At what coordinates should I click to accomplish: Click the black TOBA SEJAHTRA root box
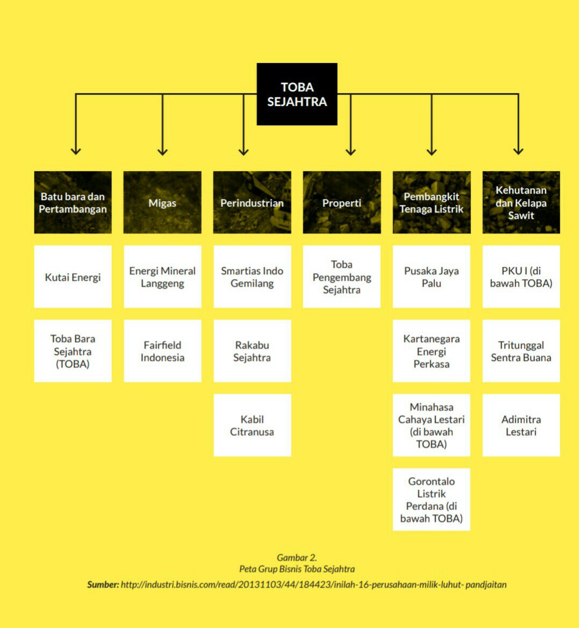click(296, 94)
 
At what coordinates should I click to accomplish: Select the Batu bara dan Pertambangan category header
click(73, 203)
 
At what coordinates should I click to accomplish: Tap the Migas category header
click(162, 203)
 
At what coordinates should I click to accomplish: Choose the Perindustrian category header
click(252, 203)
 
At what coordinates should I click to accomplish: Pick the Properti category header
click(342, 203)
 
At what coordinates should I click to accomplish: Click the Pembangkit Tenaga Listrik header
click(431, 203)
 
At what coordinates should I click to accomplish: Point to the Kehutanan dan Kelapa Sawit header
click(521, 203)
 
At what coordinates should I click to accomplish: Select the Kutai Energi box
click(73, 277)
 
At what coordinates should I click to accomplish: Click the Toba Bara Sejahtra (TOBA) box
click(73, 351)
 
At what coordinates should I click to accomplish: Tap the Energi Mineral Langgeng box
click(162, 277)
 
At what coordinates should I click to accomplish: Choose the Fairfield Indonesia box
click(162, 351)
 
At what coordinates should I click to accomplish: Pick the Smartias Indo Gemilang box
click(252, 277)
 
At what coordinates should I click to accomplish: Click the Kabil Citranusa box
click(252, 425)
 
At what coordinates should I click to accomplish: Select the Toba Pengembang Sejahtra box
click(342, 277)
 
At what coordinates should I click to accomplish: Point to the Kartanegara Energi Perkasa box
click(431, 351)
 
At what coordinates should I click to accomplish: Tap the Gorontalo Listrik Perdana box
click(431, 499)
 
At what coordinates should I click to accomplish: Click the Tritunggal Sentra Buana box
click(521, 351)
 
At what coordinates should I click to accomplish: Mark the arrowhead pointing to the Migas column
click(163, 152)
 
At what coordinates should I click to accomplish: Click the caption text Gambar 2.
click(296, 558)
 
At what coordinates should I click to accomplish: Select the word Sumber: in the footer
click(103, 584)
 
